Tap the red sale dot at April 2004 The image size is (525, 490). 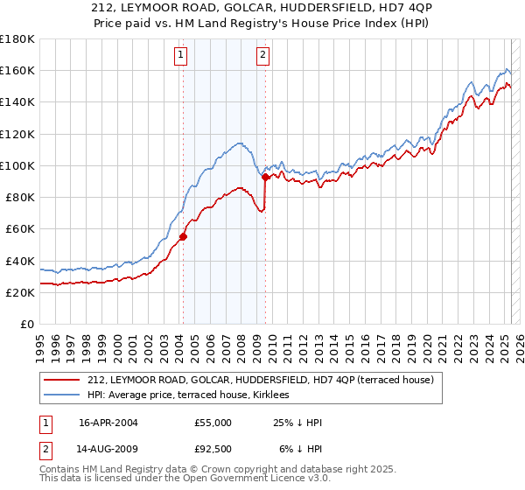(183, 236)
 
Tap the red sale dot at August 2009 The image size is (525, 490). (265, 177)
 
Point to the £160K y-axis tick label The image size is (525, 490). (17, 71)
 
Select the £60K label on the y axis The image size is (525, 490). (20, 229)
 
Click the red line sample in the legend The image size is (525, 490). (60, 379)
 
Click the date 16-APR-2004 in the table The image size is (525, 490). (108, 423)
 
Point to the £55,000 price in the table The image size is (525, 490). (213, 423)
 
